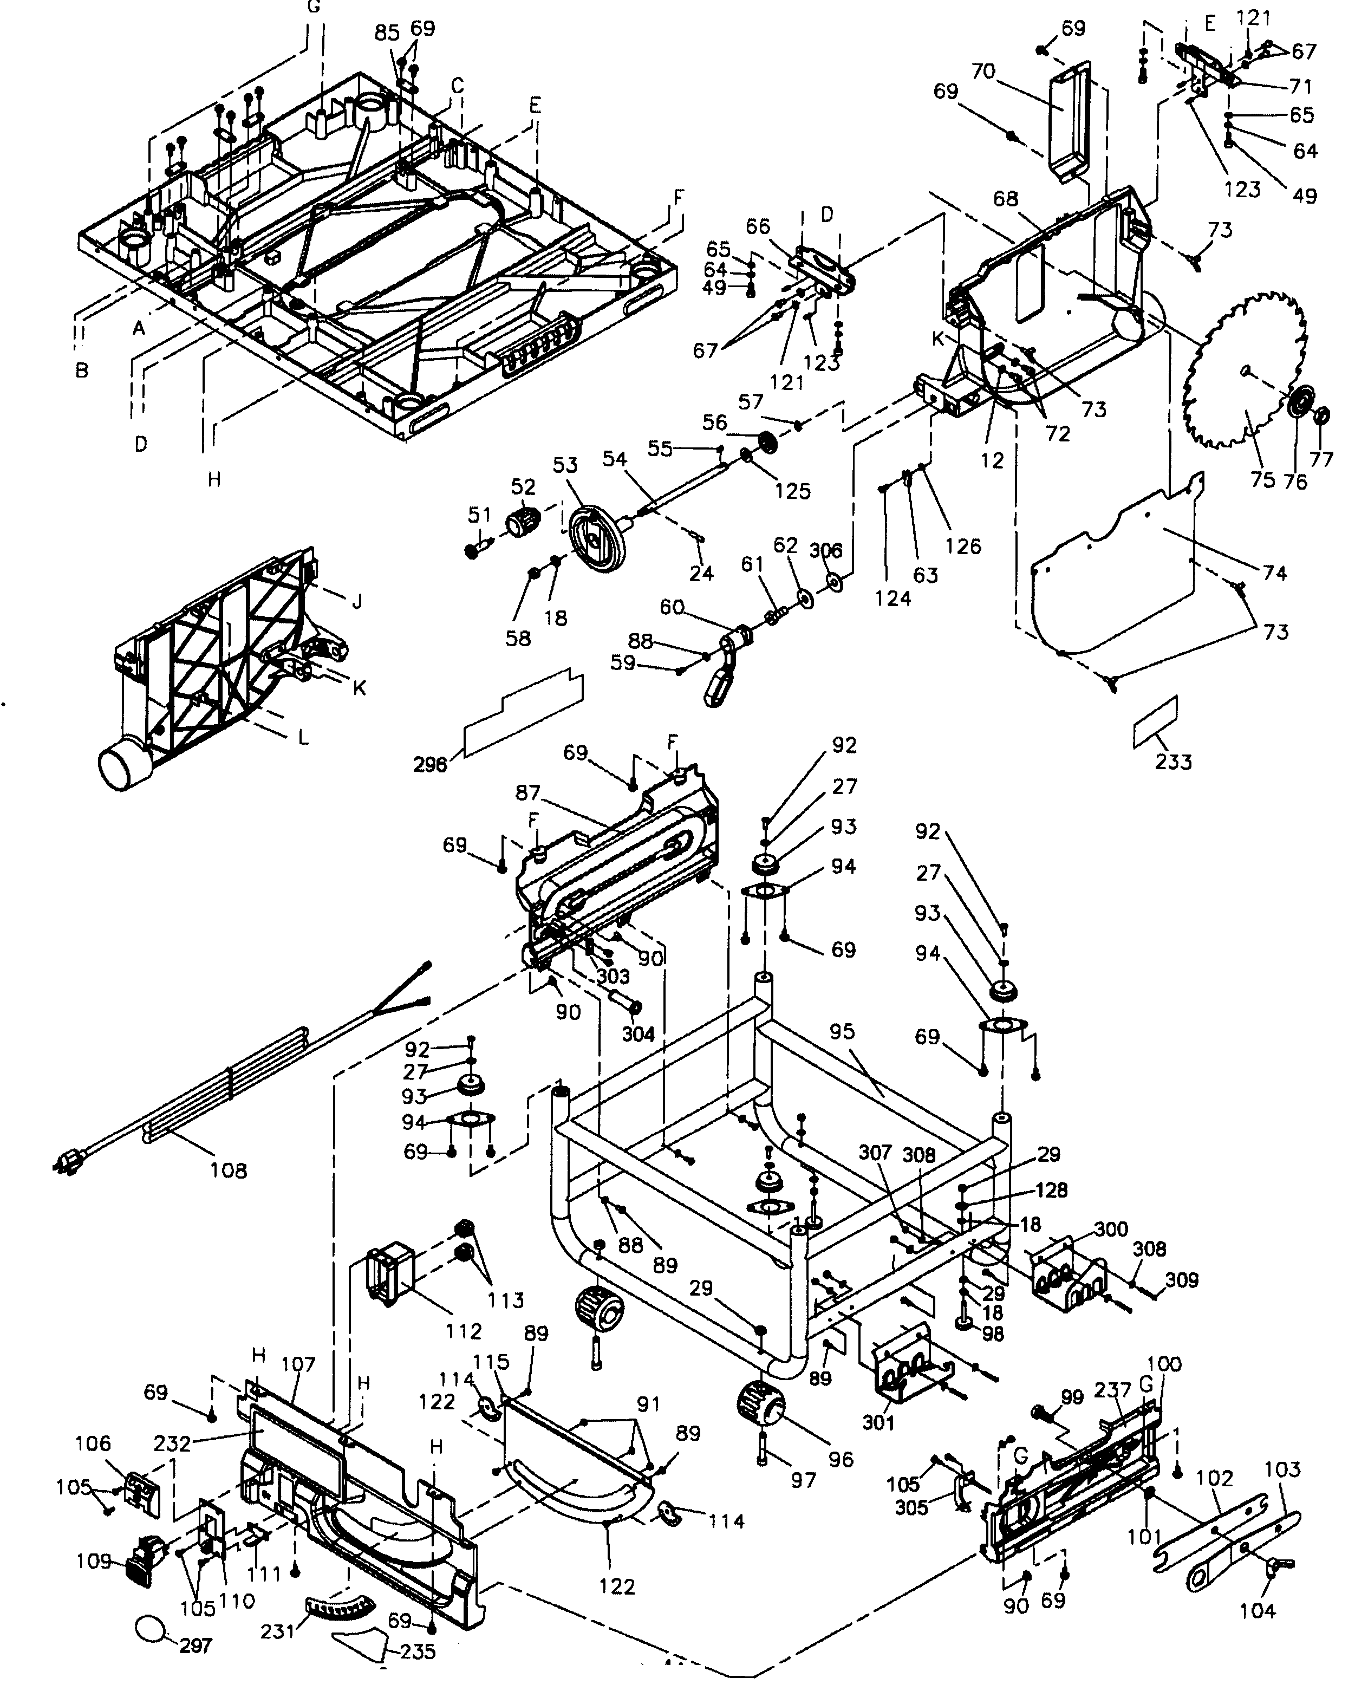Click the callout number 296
[430, 764]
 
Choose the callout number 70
[982, 71]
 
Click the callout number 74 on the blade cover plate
[1274, 573]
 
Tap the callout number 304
[637, 1034]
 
